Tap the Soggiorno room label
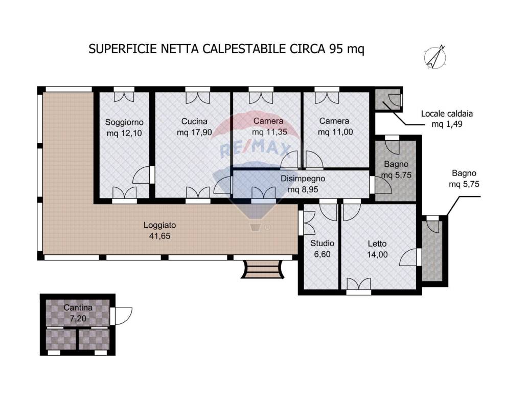tap(124, 122)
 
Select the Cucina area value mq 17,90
tap(194, 132)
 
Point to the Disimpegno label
tap(303, 179)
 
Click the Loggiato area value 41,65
tap(159, 236)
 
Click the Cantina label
tap(78, 308)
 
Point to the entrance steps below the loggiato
tap(262, 269)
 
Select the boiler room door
tap(394, 100)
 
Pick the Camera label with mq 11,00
tap(334, 121)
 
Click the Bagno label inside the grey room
tap(396, 165)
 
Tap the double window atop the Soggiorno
tap(124, 95)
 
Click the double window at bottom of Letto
tap(358, 285)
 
